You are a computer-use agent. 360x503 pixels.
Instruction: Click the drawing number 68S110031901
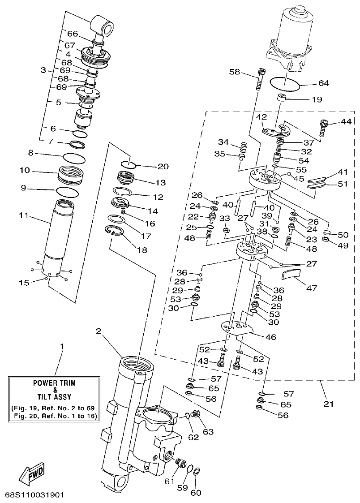click(x=35, y=495)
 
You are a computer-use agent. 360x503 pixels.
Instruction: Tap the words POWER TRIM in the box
click(x=55, y=383)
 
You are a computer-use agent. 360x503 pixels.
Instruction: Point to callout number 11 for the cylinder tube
click(x=23, y=216)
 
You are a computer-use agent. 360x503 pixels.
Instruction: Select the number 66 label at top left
click(x=73, y=34)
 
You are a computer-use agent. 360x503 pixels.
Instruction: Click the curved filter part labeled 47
click(x=291, y=273)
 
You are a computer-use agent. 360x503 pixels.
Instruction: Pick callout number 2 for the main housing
click(x=98, y=331)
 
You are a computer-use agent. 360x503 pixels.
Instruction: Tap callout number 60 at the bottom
click(x=196, y=493)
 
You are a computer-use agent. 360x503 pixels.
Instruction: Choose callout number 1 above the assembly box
click(x=62, y=347)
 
